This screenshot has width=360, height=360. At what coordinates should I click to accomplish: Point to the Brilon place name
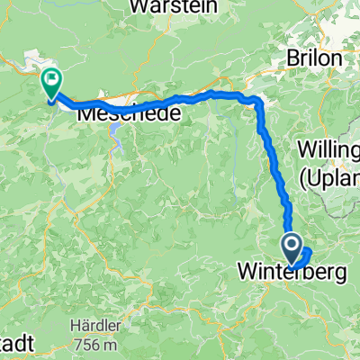click(314, 58)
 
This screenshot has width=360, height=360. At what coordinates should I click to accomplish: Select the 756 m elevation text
click(94, 343)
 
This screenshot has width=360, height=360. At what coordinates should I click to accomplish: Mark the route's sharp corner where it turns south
click(258, 101)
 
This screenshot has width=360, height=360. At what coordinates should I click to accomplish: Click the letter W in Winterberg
click(247, 269)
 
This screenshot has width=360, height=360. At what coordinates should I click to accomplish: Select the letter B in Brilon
click(292, 58)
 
